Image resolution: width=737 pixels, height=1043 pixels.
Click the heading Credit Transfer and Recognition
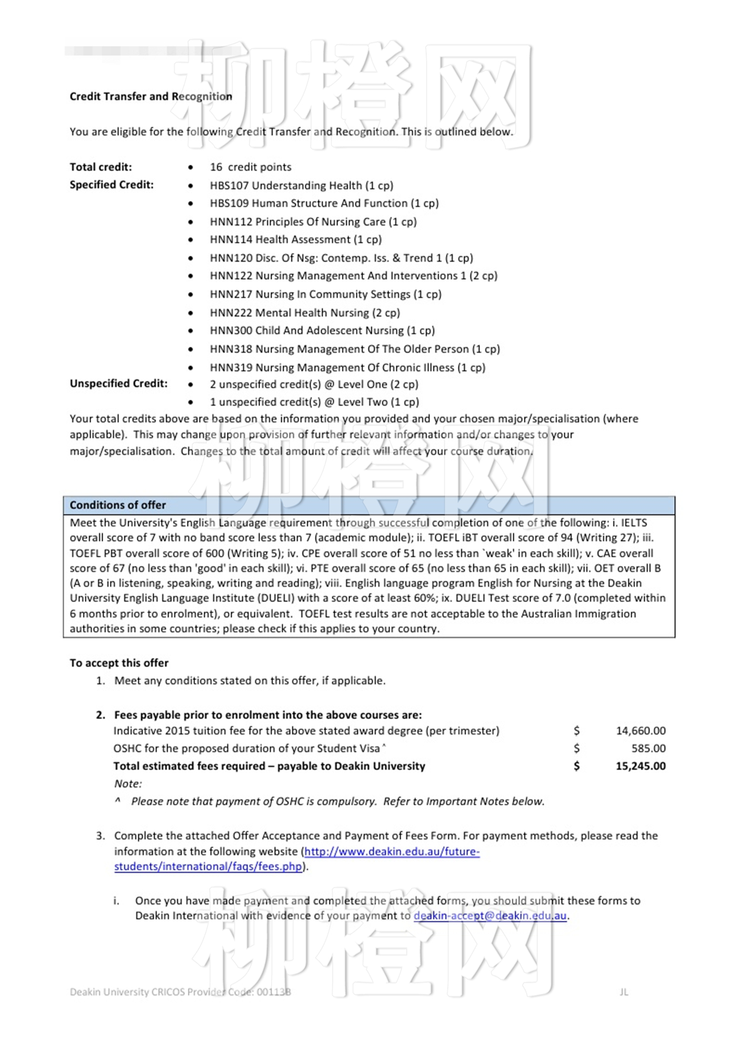point(151,96)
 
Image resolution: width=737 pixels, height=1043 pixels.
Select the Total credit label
point(101,167)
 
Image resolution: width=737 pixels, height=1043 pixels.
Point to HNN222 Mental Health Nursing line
point(305,313)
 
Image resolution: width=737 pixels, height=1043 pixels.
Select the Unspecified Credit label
point(118,383)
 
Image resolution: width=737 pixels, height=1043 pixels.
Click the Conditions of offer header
point(117,505)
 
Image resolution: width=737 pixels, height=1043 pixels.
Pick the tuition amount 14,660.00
point(640,731)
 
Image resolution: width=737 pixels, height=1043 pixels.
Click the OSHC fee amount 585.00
point(648,748)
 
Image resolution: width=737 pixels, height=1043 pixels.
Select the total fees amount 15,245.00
point(640,766)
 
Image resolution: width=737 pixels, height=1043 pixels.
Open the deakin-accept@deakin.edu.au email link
point(490,916)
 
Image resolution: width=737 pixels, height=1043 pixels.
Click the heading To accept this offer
point(119,663)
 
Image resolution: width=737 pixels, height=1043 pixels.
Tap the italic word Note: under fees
point(128,784)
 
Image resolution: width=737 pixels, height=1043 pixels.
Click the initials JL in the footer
point(624,992)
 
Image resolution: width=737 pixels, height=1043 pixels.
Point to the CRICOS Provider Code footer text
point(180,992)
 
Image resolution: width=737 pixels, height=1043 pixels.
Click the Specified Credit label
point(112,185)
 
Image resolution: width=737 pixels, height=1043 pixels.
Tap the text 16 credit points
point(250,167)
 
